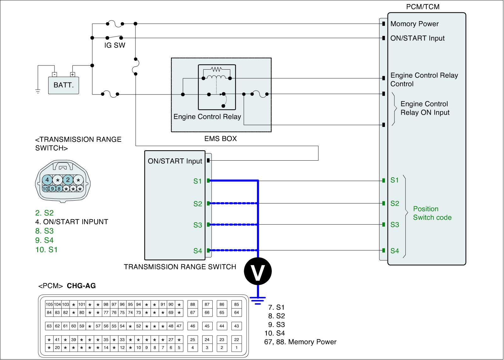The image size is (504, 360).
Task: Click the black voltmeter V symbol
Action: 258,271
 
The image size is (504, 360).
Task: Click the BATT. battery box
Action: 63,85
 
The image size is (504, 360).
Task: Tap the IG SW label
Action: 115,45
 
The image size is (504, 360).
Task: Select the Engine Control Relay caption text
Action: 207,117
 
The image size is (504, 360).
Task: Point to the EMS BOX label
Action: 220,139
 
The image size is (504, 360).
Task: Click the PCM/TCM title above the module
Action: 423,7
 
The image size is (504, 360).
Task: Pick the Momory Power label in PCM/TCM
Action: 415,24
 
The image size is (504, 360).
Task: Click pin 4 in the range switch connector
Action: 47,180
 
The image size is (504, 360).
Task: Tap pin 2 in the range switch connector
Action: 68,180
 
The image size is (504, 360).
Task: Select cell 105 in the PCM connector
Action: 49,305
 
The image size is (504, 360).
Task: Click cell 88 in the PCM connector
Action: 192,305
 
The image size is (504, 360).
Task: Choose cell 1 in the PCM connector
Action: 237,348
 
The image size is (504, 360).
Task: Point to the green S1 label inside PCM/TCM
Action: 394,180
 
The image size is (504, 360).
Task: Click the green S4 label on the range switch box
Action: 198,251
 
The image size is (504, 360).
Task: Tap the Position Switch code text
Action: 432,213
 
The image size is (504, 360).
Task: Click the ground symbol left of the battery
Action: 38,91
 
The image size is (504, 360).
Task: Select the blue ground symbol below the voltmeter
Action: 258,301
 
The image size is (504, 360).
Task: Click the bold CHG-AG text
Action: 81,286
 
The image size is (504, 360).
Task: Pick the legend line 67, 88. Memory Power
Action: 300,342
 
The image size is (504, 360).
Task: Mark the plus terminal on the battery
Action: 72,74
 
